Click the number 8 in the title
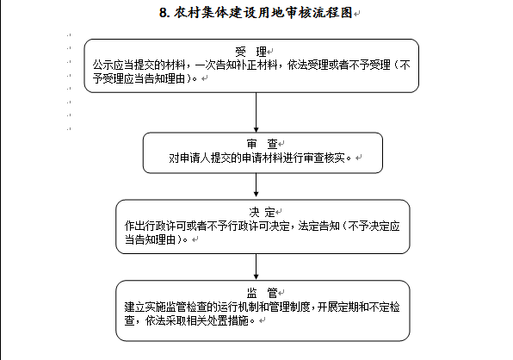pos(164,13)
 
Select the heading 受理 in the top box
pos(251,52)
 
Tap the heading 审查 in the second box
pos(262,144)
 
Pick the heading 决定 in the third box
pos(262,212)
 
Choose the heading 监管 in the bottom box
pos(262,293)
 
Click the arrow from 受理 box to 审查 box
pos(256,112)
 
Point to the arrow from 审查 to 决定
pos(256,185)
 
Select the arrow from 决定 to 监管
pos(256,266)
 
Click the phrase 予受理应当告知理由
pos(139,78)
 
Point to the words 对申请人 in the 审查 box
pos(189,158)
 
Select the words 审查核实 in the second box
pos(324,158)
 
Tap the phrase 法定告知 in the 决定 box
pos(319,227)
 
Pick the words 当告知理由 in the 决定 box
pos(151,239)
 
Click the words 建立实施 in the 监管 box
pos(145,307)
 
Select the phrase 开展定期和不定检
pos(359,307)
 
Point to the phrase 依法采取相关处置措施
pos(197,320)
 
